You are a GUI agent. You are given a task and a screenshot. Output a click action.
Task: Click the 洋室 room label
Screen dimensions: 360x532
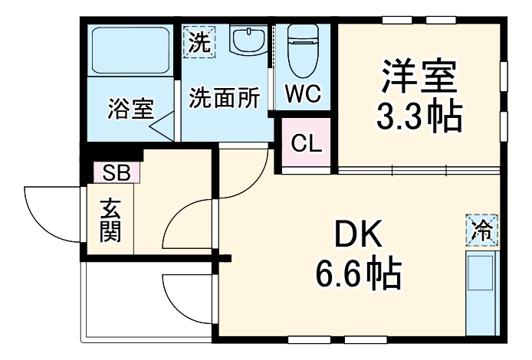tap(419, 77)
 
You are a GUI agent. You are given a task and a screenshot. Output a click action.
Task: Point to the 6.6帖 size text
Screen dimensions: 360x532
tap(360, 271)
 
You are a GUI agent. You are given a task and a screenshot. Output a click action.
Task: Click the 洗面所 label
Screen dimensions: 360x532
tap(225, 98)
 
